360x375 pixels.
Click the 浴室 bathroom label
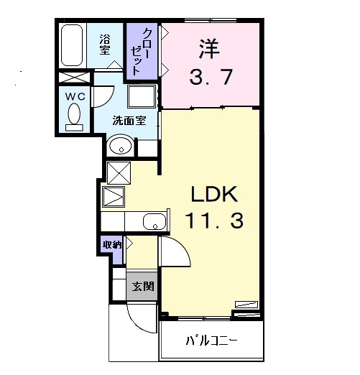pos(104,44)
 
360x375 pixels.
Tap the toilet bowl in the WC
pos(73,115)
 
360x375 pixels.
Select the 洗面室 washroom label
pos(129,120)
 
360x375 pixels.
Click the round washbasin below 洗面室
pos(121,147)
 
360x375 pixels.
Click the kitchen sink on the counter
pos(154,221)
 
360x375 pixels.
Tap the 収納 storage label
pos(112,244)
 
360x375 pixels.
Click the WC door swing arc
pos(102,98)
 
